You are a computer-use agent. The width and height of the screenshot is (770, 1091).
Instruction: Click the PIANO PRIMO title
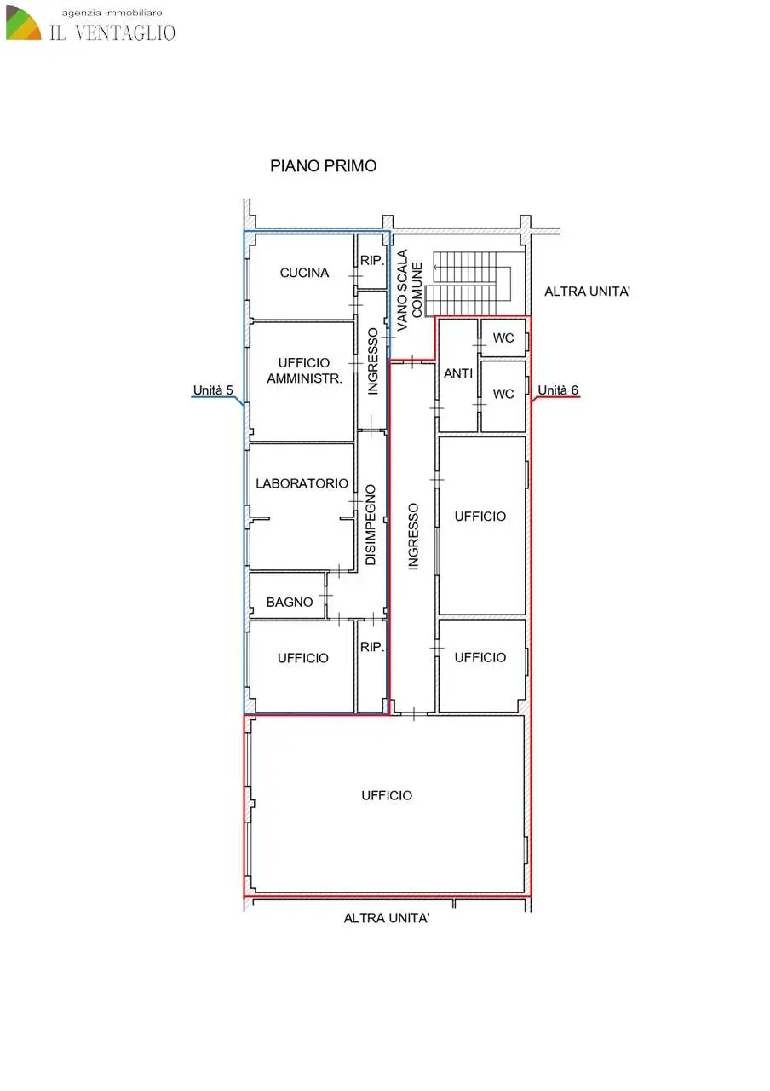[323, 166]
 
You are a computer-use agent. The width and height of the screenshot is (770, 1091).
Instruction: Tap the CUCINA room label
[304, 273]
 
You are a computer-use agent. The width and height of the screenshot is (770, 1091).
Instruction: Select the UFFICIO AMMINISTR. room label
[304, 370]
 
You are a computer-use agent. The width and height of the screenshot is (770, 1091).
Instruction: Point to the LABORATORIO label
[302, 483]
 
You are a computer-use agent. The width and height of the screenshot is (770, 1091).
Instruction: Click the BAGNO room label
[290, 603]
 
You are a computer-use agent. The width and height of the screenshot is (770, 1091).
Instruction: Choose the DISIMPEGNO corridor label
[371, 524]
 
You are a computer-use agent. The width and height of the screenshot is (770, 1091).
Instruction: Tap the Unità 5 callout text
[213, 390]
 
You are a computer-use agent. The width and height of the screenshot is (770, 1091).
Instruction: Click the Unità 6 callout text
[558, 390]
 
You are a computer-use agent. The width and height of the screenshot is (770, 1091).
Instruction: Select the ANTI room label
[458, 373]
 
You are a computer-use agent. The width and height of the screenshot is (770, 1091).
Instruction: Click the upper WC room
[503, 338]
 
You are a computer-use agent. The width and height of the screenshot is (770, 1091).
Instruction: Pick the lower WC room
[503, 395]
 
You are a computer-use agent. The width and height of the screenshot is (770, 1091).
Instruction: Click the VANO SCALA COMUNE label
[410, 291]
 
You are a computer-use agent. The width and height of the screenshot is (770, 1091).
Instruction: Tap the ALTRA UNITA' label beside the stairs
[587, 292]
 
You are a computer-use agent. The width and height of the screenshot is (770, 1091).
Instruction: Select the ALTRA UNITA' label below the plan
[387, 918]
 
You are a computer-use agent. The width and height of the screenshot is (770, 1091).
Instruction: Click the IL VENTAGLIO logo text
[112, 32]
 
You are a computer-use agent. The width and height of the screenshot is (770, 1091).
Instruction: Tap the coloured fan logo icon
[23, 23]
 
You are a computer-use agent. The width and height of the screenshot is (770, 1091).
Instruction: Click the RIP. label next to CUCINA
[372, 261]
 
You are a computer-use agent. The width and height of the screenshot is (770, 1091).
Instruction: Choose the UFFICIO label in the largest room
[387, 795]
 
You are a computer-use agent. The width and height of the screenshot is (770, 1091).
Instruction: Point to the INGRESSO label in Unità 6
[413, 536]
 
